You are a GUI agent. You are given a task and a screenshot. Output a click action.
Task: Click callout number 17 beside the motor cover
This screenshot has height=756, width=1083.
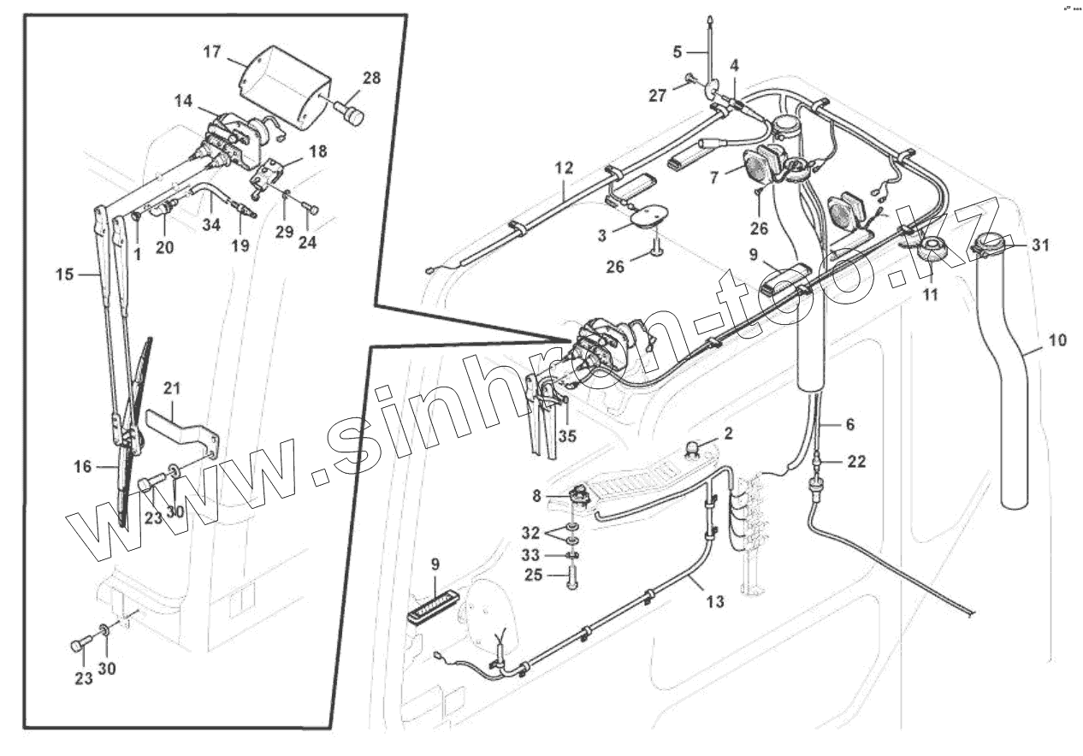click(212, 51)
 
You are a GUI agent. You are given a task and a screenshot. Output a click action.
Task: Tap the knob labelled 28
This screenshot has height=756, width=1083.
click(351, 113)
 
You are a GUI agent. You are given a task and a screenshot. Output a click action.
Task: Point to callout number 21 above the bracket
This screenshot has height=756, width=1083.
click(173, 389)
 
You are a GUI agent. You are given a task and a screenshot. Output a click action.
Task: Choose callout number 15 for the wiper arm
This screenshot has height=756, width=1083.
click(65, 275)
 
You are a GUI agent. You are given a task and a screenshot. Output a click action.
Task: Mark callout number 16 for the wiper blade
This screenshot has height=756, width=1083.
click(82, 466)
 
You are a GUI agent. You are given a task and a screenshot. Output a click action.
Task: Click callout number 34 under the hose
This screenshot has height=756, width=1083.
click(211, 224)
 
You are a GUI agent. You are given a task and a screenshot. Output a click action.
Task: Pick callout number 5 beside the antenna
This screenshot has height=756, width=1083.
click(678, 52)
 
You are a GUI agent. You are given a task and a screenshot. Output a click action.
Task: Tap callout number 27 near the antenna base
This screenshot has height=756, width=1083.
click(656, 96)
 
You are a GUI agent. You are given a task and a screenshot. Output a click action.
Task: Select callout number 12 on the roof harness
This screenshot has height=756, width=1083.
click(563, 168)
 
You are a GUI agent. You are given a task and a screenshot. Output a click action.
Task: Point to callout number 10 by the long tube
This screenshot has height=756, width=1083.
click(1057, 340)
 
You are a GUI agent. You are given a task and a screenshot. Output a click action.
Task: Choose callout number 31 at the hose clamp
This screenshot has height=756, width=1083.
click(1039, 245)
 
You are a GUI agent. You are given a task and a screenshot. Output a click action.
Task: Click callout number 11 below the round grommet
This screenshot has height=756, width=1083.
click(931, 294)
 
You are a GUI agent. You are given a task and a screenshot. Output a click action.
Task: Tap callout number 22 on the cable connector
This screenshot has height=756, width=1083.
click(856, 462)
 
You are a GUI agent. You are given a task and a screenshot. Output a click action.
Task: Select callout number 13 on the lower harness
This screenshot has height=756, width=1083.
click(715, 601)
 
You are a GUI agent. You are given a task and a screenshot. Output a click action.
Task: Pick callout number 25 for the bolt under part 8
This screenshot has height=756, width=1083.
click(533, 576)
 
